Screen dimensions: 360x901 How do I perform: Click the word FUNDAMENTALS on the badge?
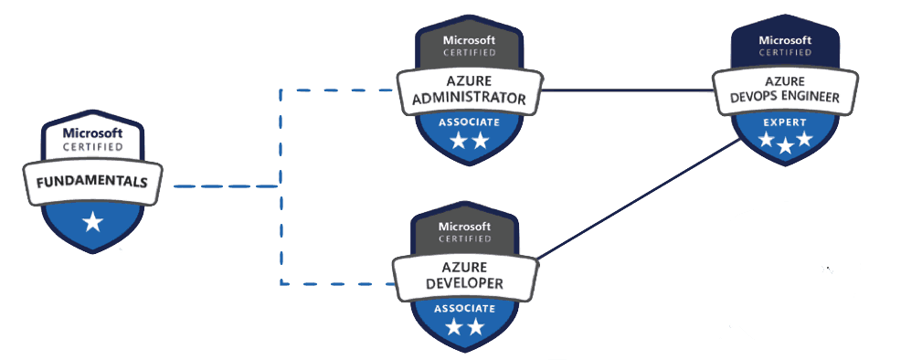point(91,181)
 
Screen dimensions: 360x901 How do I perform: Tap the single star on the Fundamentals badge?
point(92,221)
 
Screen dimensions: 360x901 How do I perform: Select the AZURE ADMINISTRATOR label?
point(470,90)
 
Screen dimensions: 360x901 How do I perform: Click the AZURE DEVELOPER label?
point(464,275)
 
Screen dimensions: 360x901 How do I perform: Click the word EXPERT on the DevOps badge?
point(785,121)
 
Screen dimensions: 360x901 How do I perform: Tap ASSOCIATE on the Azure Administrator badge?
point(469,122)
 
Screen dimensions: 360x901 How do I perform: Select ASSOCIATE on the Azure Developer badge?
point(464,308)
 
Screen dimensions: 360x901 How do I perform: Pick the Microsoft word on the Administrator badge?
point(469,40)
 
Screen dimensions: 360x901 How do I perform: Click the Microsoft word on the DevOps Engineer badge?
point(785,39)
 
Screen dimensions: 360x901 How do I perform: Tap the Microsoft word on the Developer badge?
point(464,225)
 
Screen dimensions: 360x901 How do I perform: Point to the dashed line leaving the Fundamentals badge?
point(224,185)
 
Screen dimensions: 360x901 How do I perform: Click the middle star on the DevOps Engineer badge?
point(785,145)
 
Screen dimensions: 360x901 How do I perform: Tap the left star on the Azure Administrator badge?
point(458,141)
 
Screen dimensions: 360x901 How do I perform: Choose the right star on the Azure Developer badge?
point(475,327)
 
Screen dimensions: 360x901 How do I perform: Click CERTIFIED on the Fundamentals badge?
point(91,147)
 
